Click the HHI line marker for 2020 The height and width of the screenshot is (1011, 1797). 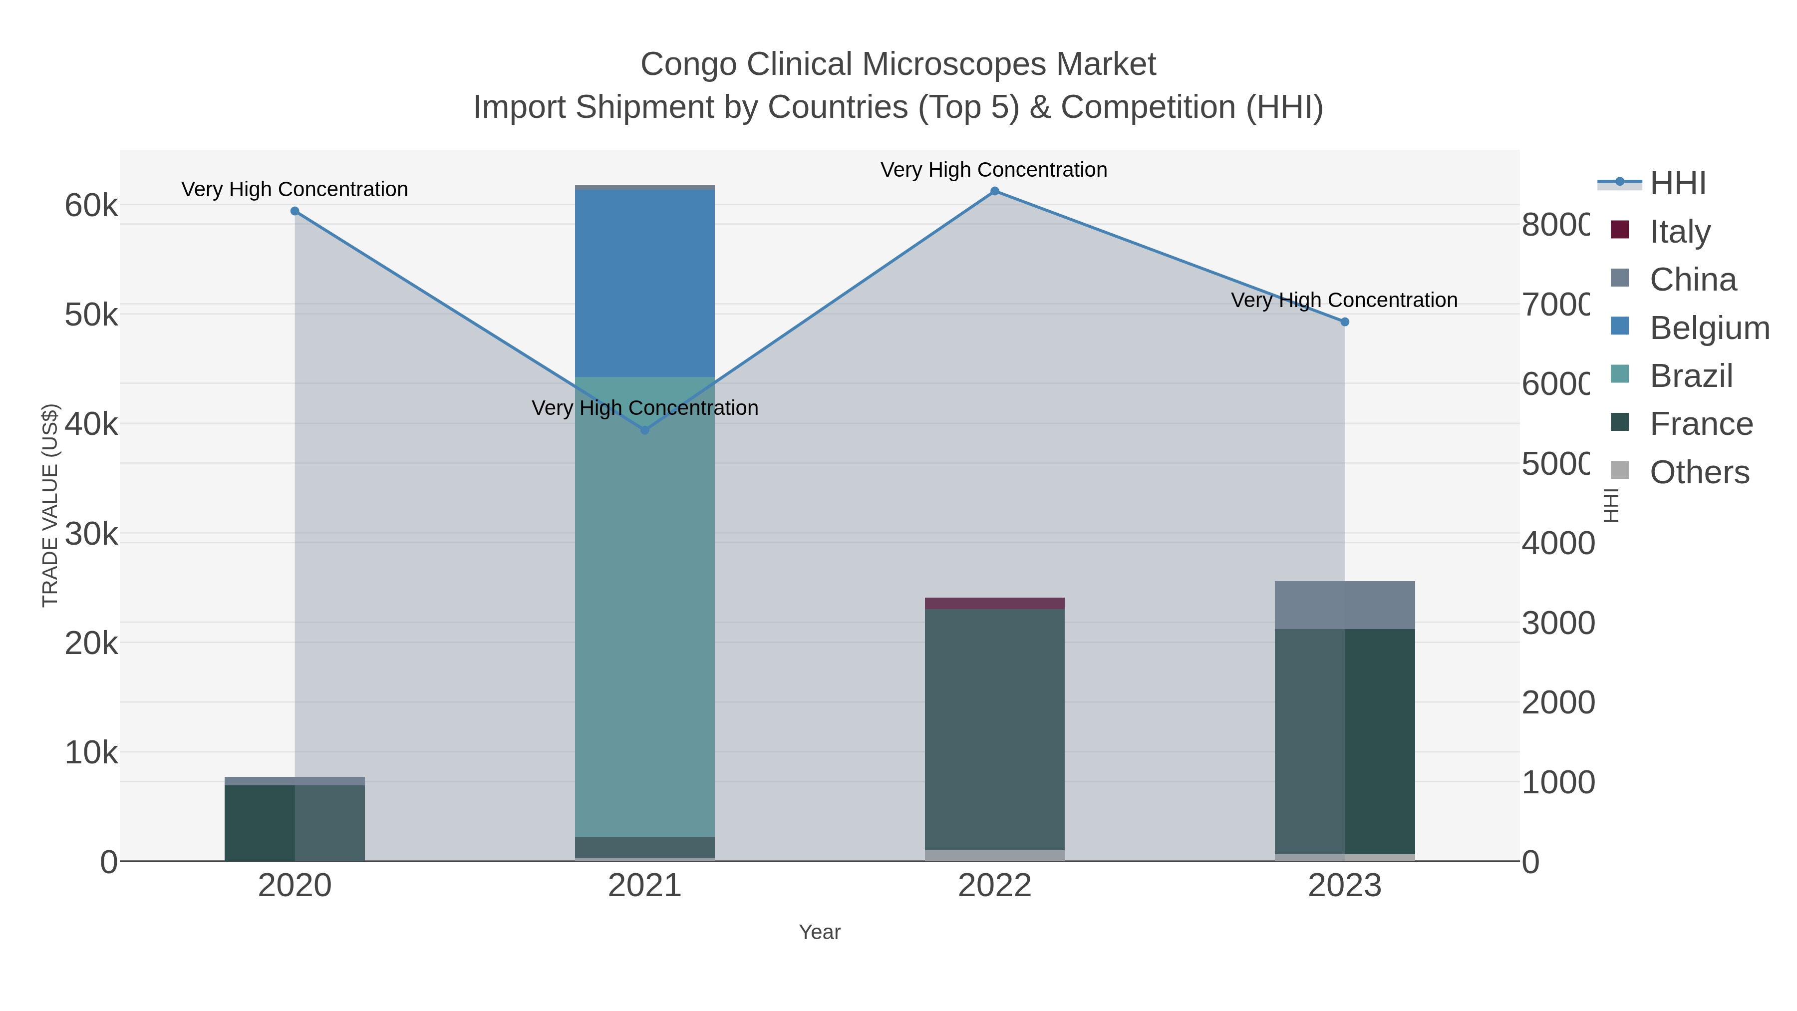click(x=295, y=211)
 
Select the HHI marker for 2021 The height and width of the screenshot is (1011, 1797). click(x=644, y=430)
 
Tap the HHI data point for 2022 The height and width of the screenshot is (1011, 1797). click(x=995, y=191)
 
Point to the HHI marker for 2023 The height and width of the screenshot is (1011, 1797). click(x=1345, y=322)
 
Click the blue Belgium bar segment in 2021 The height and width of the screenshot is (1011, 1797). click(x=644, y=283)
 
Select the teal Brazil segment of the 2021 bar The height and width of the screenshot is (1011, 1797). click(x=644, y=607)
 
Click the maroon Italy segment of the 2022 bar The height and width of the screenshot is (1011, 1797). click(x=995, y=604)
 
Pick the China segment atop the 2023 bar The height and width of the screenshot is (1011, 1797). click(x=1345, y=605)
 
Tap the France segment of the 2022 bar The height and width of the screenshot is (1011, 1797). click(x=995, y=729)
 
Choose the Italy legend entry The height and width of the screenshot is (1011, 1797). click(x=1679, y=231)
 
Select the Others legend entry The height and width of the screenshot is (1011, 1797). click(x=1699, y=472)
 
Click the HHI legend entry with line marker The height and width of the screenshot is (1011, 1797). click(x=1677, y=183)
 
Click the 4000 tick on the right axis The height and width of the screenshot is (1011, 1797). click(x=1557, y=544)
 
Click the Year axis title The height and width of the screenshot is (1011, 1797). click(x=820, y=932)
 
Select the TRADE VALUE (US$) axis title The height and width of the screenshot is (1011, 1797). click(x=50, y=505)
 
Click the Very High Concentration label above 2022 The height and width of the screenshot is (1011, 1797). click(x=993, y=170)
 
